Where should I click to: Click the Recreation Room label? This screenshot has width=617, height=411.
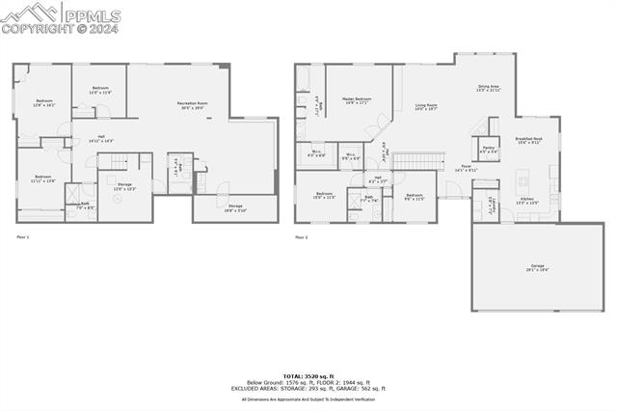(x=191, y=105)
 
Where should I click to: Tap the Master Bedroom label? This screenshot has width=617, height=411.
(x=357, y=100)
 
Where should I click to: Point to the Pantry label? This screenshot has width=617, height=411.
(x=489, y=150)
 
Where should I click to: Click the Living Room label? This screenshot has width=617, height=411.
(x=426, y=107)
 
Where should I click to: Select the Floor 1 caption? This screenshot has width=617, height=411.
(x=23, y=236)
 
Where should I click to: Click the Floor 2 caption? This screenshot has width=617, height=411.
(x=302, y=236)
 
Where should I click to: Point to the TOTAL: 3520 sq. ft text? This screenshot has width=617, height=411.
(x=308, y=375)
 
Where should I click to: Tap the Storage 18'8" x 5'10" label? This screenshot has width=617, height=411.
(x=235, y=207)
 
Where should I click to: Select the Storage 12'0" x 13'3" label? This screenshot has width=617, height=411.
(x=124, y=186)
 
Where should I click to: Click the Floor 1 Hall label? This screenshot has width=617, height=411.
(x=101, y=139)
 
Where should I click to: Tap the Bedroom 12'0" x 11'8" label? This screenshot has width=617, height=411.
(x=101, y=91)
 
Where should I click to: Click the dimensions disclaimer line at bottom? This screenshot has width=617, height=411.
(x=308, y=398)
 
